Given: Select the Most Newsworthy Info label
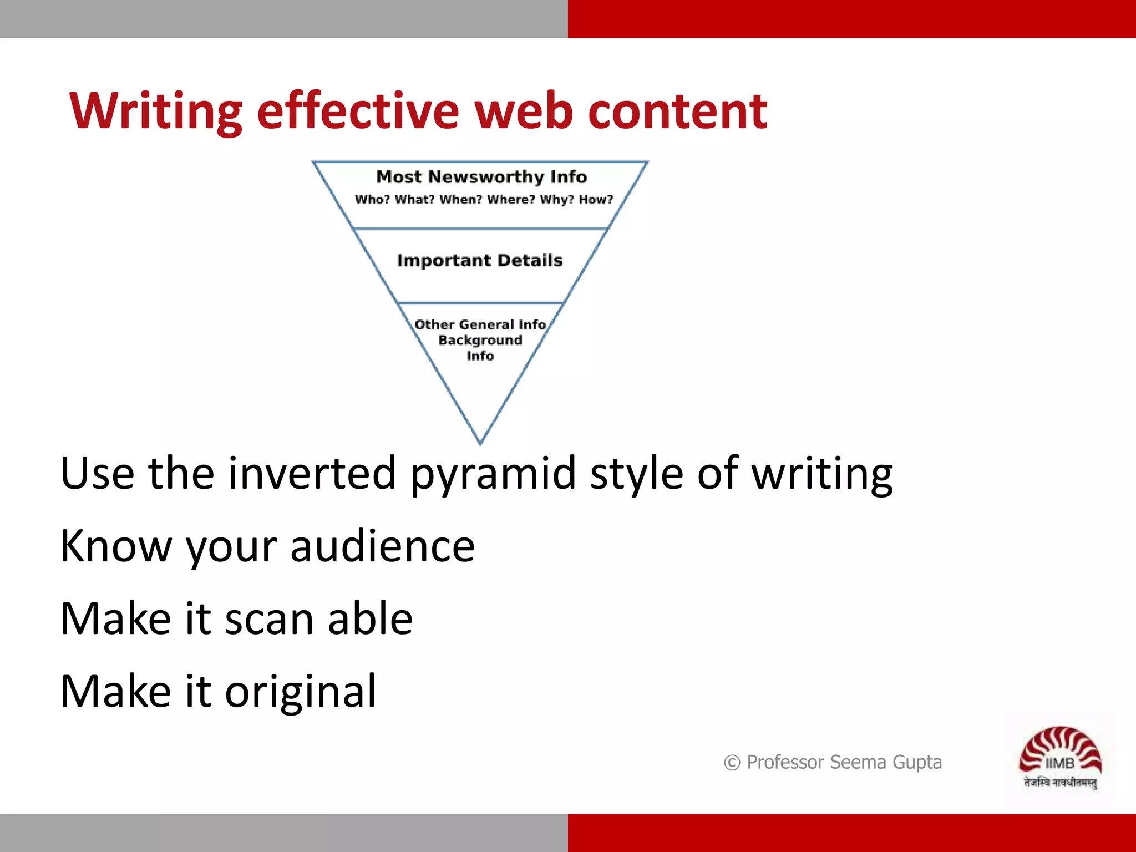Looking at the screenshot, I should pos(481,176).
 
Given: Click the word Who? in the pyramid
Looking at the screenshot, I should pos(372,199).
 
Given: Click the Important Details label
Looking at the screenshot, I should pos(480,260).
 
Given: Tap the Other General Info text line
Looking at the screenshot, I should pos(480,324).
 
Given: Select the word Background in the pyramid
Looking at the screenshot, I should pos(480,340).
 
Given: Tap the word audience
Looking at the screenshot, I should pos(382,546).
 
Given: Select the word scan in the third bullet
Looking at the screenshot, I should pos(269,619).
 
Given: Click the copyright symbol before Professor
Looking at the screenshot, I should pos(732,763).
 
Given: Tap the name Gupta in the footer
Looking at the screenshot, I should pos(917,763).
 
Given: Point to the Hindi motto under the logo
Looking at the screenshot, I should pos(1060,783).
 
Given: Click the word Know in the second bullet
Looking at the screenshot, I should pos(116,546).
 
